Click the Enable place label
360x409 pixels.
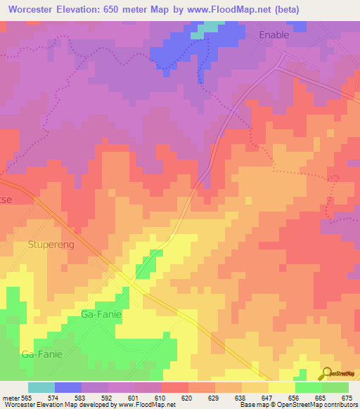[274, 34]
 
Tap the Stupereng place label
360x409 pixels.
[51, 246]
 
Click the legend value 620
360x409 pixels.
[186, 397]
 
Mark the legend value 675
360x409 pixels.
[347, 397]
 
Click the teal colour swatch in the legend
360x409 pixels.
[41, 387]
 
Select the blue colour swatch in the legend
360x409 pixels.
[68, 387]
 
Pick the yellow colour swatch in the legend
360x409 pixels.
[282, 387]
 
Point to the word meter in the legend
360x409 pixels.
[10, 397]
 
